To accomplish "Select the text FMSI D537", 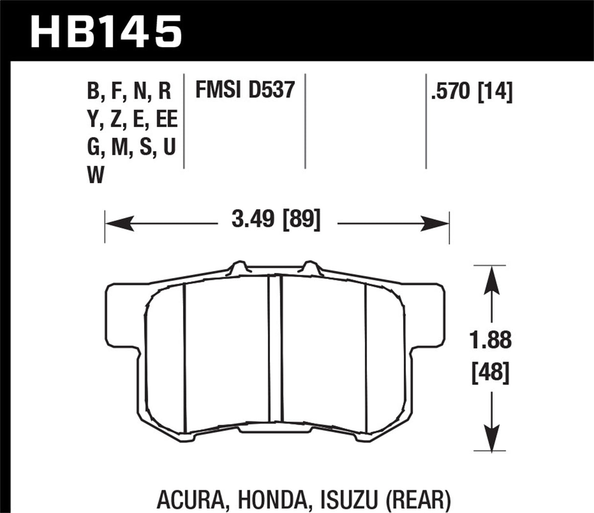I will [245, 90].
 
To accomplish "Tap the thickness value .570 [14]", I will [471, 91].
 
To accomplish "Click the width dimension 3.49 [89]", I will [276, 221].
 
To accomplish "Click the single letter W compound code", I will [96, 175].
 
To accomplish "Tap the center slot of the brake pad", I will [275, 347].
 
